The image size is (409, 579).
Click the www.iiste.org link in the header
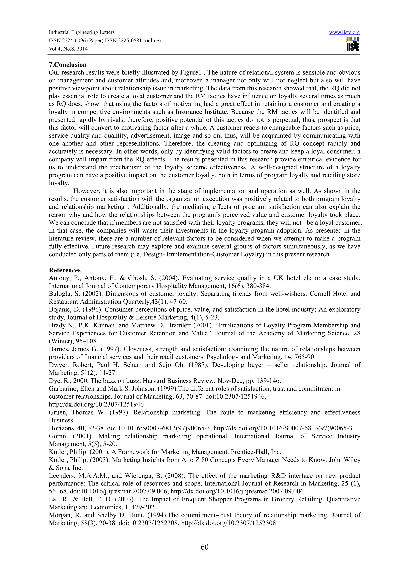[x=344, y=33]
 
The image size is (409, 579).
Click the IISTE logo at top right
[x=352, y=44]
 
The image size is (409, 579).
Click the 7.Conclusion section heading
[x=68, y=65]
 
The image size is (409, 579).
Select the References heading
[x=65, y=270]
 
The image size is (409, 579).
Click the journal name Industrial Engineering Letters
[x=81, y=32]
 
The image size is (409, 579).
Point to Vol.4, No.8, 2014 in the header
[x=68, y=49]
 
